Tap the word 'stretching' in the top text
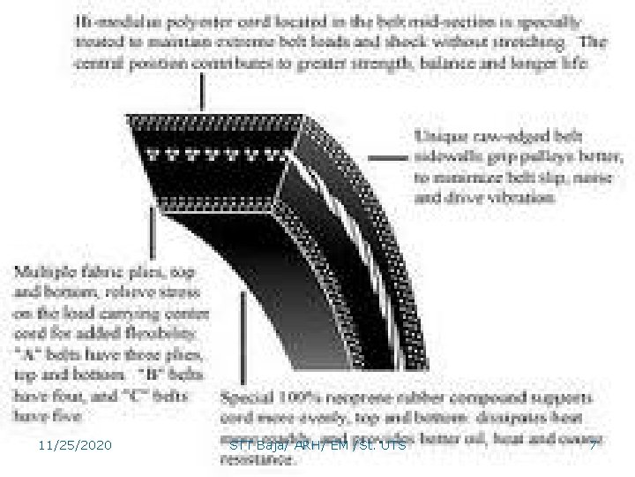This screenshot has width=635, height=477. click(528, 41)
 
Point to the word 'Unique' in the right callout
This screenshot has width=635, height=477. click(437, 135)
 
